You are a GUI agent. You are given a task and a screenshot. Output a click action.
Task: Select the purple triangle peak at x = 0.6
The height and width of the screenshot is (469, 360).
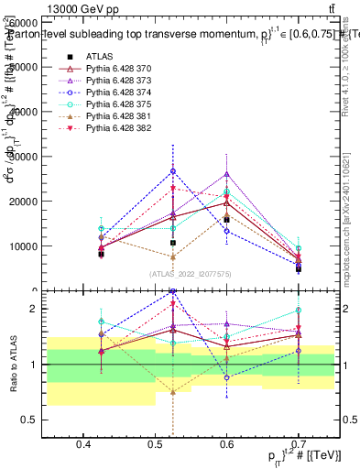(x=226, y=174)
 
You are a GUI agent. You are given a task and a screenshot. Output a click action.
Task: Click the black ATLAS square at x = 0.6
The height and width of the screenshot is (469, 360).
(x=226, y=220)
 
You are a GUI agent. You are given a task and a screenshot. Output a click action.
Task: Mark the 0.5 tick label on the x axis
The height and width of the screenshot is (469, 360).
(x=155, y=444)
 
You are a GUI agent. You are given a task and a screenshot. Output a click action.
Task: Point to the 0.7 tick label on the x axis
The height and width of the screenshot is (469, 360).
(x=298, y=444)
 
